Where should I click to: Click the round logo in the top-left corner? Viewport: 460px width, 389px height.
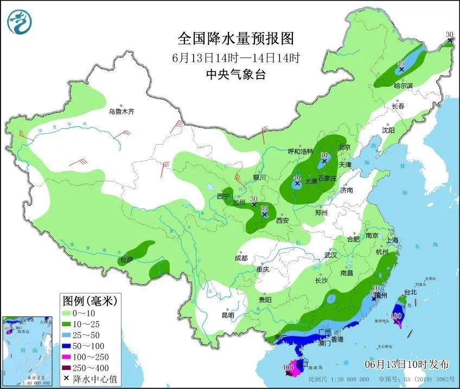pyautogui.click(x=20, y=22)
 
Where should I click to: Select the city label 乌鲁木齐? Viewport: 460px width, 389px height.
pyautogui.click(x=120, y=112)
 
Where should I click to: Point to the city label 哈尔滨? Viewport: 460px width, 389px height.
pyautogui.click(x=403, y=86)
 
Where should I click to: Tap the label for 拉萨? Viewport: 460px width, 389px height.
pyautogui.click(x=126, y=260)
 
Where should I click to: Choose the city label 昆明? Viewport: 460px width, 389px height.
pyautogui.click(x=228, y=315)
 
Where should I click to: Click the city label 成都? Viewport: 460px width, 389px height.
pyautogui.click(x=241, y=258)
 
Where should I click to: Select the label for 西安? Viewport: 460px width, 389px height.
pyautogui.click(x=282, y=221)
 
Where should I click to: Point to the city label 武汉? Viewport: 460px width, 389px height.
pyautogui.click(x=330, y=255)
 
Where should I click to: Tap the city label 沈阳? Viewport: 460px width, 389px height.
pyautogui.click(x=388, y=130)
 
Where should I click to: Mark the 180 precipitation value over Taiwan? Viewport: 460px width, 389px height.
pyautogui.click(x=396, y=315)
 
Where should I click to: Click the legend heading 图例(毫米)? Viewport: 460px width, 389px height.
pyautogui.click(x=90, y=300)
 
